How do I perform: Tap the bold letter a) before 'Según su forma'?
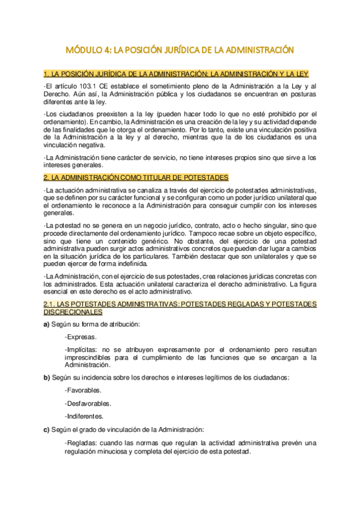(47, 325)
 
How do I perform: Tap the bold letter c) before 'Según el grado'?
(47, 429)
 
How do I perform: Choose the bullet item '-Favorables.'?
(83, 390)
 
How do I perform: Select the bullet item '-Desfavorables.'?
(87, 403)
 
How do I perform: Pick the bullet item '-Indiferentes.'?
(84, 416)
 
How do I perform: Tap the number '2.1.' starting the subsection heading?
(50, 304)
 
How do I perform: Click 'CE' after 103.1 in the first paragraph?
(104, 87)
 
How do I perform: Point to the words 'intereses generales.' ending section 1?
(73, 165)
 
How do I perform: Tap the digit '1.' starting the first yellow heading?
(47, 74)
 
